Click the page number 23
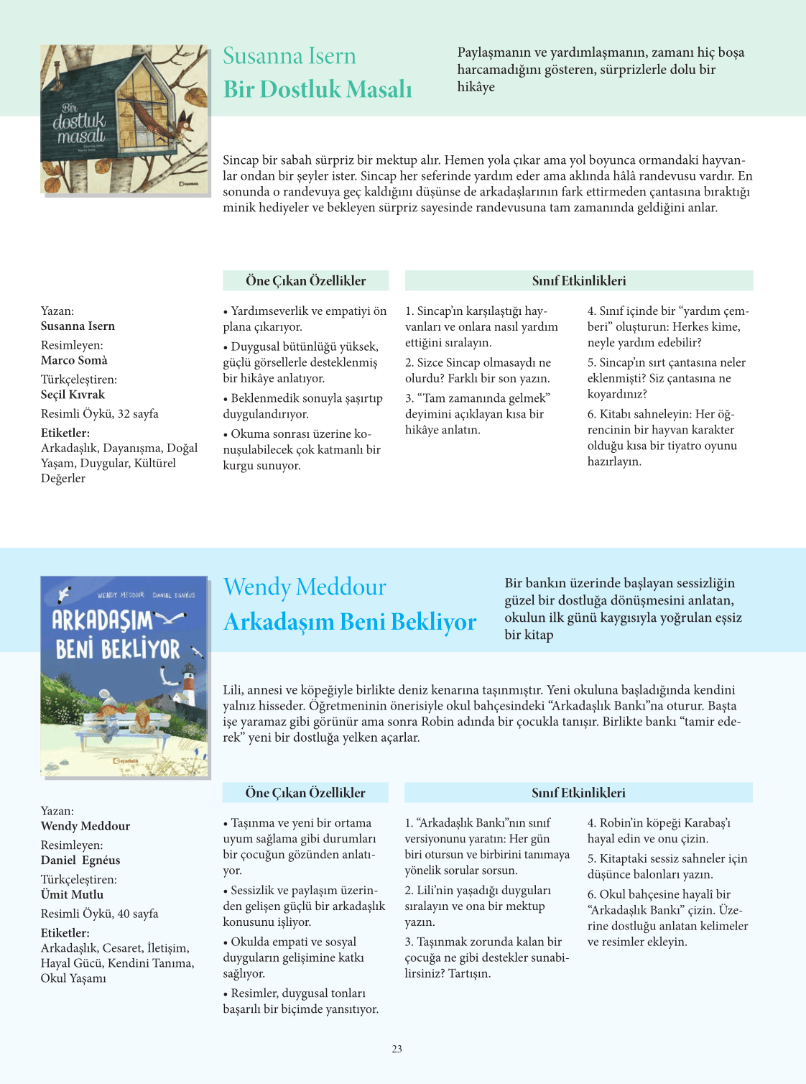pyautogui.click(x=397, y=1049)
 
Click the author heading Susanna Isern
pyautogui.click(x=289, y=56)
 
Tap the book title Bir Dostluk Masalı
pyautogui.click(x=318, y=89)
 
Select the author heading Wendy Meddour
pyautogui.click(x=305, y=587)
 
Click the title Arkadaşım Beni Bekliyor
pyautogui.click(x=350, y=622)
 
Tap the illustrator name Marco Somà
pyautogui.click(x=74, y=360)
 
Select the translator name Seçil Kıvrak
pyautogui.click(x=73, y=395)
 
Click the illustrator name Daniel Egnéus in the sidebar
pyautogui.click(x=80, y=860)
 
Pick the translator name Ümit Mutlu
pyautogui.click(x=72, y=895)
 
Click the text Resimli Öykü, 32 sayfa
pyautogui.click(x=100, y=414)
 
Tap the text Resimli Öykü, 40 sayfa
pyautogui.click(x=100, y=914)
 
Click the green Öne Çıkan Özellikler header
pyautogui.click(x=305, y=281)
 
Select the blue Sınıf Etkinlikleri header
pyautogui.click(x=578, y=793)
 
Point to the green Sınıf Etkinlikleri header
pyautogui.click(x=579, y=281)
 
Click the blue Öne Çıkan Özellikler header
pyautogui.click(x=305, y=793)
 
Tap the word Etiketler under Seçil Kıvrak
pyautogui.click(x=65, y=433)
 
